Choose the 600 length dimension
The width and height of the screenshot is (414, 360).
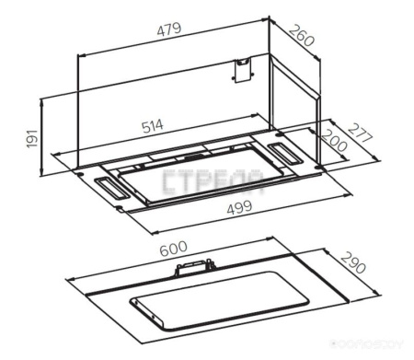tap(170, 249)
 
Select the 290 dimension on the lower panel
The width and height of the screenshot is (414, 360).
tap(352, 265)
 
